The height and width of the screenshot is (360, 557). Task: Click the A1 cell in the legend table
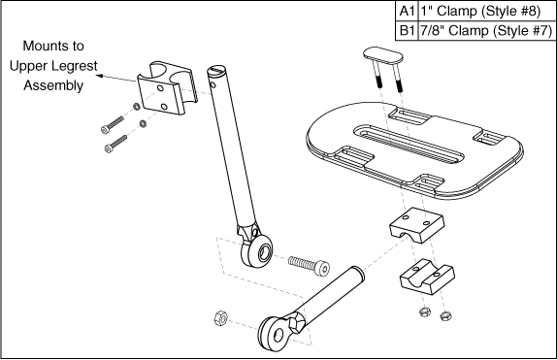click(x=407, y=11)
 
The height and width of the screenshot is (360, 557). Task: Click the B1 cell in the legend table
click(x=407, y=30)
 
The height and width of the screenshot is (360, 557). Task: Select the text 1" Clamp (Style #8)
click(x=480, y=11)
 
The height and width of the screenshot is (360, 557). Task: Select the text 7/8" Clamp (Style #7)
click(x=485, y=30)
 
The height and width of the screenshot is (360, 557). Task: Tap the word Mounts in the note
click(x=53, y=46)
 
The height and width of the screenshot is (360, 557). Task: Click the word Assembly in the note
click(x=53, y=85)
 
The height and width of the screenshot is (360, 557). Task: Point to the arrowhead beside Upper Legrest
click(x=100, y=76)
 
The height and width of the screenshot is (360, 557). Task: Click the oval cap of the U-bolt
click(x=383, y=55)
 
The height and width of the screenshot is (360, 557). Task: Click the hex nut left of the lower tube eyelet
click(x=220, y=317)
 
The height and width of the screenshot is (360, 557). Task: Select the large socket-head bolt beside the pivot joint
click(x=309, y=266)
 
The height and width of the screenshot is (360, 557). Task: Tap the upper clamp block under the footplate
click(x=416, y=225)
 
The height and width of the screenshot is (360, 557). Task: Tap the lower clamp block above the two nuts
click(x=427, y=277)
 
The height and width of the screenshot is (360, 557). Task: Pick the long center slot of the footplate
click(x=409, y=144)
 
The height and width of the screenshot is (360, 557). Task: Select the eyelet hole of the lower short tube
click(x=279, y=335)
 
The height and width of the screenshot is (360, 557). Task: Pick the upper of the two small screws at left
click(x=113, y=125)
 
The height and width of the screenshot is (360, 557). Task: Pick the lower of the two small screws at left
click(x=115, y=144)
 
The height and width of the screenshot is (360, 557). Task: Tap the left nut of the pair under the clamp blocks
click(x=424, y=312)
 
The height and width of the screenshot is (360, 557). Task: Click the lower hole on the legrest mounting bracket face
click(x=164, y=107)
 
